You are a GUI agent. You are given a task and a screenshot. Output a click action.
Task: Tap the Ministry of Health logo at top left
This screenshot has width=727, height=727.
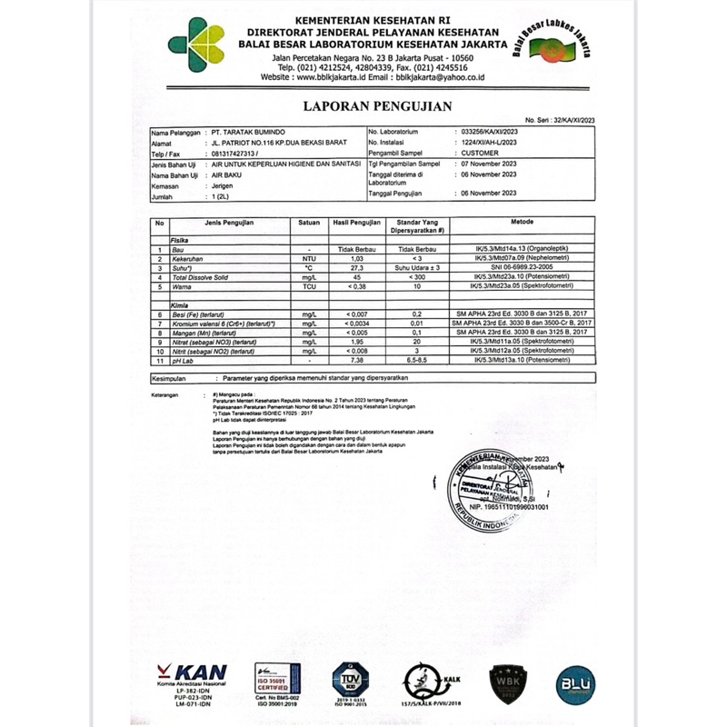196,43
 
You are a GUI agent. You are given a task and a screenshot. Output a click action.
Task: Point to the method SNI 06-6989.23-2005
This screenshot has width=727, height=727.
522,268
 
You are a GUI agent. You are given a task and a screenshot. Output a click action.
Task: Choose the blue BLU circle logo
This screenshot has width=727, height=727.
575,682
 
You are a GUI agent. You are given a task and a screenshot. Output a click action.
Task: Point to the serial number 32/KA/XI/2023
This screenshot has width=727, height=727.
560,120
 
